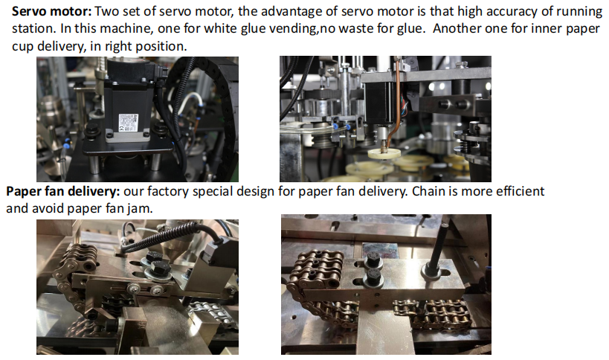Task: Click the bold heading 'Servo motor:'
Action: point(51,11)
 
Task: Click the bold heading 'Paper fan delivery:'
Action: point(63,191)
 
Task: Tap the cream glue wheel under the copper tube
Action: point(384,152)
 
